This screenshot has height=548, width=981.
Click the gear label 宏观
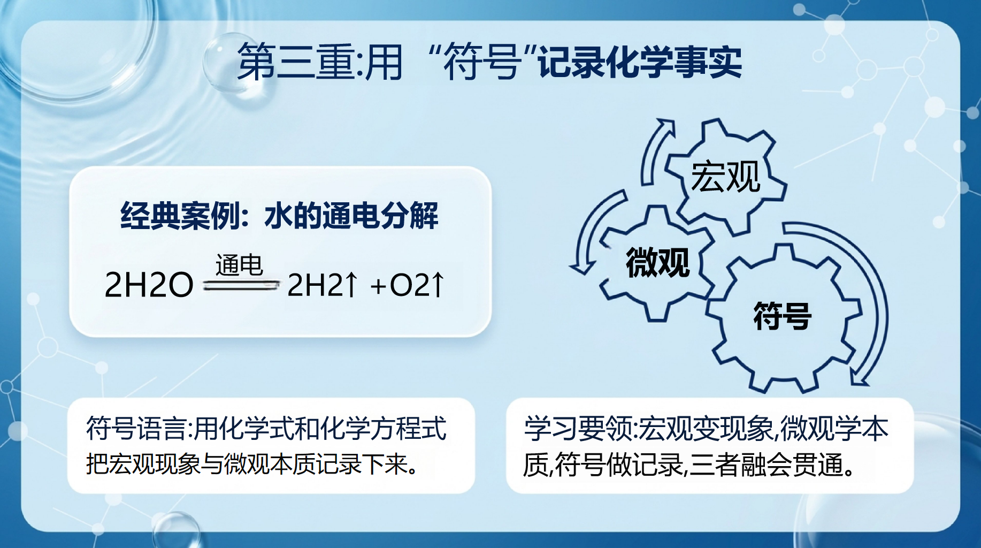coord(725,176)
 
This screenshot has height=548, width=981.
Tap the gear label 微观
coord(658,262)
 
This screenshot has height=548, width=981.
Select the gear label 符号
coord(782,316)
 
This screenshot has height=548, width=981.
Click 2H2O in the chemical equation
coord(149,285)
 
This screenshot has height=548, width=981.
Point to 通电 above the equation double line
coord(239,265)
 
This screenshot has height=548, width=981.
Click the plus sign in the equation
coord(378,286)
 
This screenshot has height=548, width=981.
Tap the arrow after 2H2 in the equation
coord(351,284)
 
